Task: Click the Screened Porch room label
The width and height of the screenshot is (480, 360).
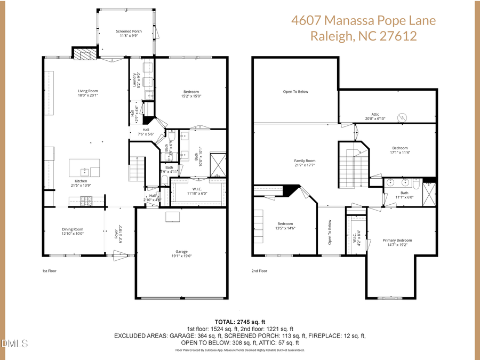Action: pos(129,31)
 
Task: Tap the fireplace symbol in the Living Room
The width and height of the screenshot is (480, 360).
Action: pos(83,53)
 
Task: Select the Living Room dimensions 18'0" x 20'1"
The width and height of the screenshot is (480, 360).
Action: pos(88,95)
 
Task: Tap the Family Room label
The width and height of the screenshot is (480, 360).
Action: pos(305,161)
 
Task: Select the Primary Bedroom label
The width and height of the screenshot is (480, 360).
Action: pos(397,240)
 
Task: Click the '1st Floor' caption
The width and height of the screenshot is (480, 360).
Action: pos(50,271)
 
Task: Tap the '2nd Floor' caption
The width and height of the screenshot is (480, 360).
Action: pos(259,271)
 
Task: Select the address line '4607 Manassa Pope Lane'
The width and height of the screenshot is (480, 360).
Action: pos(363,21)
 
